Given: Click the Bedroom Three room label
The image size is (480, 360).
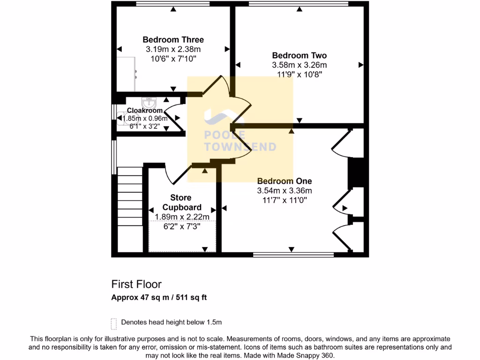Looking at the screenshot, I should [173, 40].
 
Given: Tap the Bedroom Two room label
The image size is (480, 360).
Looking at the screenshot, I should [299, 55].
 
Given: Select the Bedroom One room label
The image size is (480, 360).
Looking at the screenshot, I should [284, 181].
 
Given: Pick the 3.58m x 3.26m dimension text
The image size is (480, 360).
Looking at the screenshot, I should [299, 65].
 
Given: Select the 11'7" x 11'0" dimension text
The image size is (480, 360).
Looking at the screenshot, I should [284, 200].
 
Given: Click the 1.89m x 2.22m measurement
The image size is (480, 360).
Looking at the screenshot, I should [182, 217].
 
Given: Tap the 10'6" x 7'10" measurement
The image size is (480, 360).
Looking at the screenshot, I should [173, 59].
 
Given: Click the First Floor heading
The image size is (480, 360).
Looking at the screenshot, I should [136, 284].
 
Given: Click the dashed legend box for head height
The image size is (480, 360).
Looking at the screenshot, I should [113, 323].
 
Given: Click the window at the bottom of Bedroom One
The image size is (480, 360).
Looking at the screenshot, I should [293, 255].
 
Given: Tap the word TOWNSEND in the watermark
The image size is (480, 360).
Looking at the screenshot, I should [240, 147].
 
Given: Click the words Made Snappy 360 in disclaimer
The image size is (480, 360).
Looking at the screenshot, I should [307, 356].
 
